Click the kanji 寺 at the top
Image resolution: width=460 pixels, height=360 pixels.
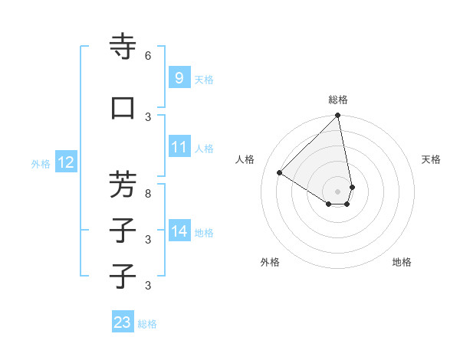tap(123, 47)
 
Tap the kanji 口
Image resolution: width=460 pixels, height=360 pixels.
tap(123, 108)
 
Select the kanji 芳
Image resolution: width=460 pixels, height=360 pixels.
tap(123, 184)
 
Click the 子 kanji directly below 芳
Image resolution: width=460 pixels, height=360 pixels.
tap(123, 230)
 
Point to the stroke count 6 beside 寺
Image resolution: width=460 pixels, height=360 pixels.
tap(148, 55)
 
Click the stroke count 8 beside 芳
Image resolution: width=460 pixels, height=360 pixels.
tap(148, 193)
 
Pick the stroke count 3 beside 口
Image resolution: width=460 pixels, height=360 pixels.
tap(148, 116)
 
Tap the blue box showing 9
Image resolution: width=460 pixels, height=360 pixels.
tap(179, 78)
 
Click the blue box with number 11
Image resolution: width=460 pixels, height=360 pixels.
tap(179, 147)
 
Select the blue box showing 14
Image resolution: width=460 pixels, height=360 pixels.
tap(179, 231)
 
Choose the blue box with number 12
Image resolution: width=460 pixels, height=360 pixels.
tap(65, 162)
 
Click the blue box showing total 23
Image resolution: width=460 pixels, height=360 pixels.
tap(123, 322)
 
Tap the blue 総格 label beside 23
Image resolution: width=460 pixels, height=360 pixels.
tap(147, 324)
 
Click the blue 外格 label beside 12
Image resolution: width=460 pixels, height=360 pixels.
tap(41, 163)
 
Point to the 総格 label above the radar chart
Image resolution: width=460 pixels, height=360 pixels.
tap(338, 100)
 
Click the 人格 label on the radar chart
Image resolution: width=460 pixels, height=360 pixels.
tap(245, 159)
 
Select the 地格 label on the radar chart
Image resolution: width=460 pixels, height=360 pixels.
tap(402, 262)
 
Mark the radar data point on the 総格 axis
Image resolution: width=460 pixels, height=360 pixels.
tap(338, 116)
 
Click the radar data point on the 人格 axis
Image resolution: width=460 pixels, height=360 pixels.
tap(280, 172)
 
